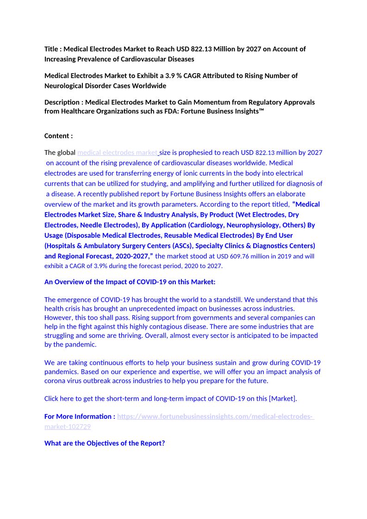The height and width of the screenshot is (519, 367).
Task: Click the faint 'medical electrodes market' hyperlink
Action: (x=118, y=153)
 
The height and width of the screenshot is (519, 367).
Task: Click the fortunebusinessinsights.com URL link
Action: (x=215, y=416)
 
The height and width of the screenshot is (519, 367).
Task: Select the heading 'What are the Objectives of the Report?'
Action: (x=105, y=443)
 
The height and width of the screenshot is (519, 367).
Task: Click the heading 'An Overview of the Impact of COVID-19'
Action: (x=130, y=281)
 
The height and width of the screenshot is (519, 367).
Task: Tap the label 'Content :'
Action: (x=58, y=135)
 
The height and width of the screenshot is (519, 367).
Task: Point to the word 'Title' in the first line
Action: (x=52, y=49)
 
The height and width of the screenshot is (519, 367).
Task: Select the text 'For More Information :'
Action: (x=80, y=416)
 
